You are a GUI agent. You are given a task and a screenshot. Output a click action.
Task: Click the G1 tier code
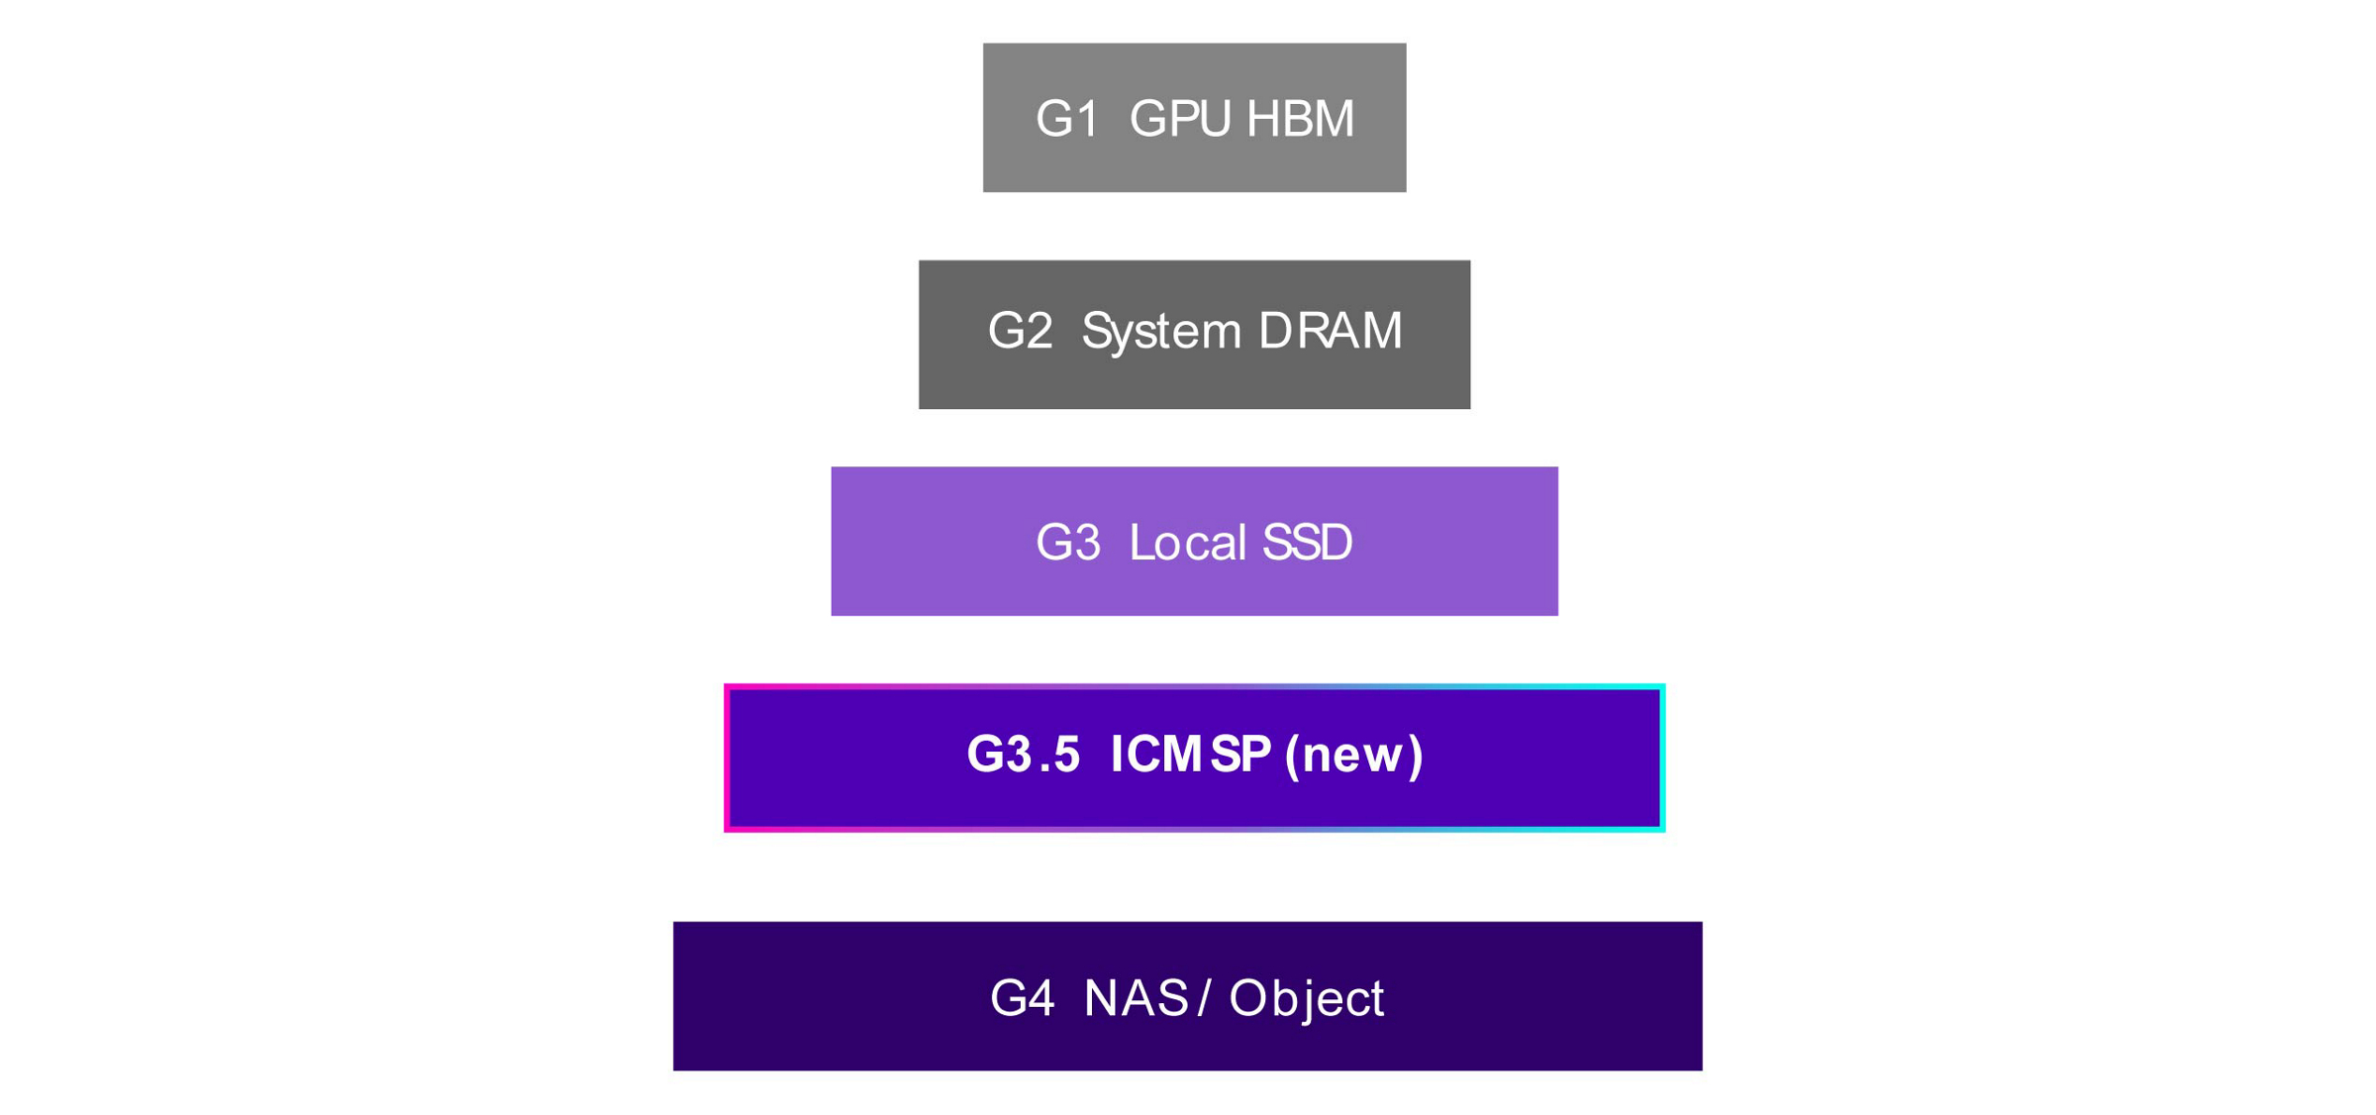click(x=1067, y=119)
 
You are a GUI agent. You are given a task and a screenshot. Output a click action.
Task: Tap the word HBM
click(x=1300, y=119)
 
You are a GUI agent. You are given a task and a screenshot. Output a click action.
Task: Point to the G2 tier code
click(x=1020, y=331)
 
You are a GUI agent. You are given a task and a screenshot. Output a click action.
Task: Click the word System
click(x=1161, y=331)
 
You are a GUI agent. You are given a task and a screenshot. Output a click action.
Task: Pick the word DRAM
click(x=1330, y=331)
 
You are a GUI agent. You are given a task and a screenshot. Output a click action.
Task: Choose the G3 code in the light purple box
click(x=1067, y=543)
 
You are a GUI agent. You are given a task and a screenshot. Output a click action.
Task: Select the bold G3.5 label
click(x=1023, y=755)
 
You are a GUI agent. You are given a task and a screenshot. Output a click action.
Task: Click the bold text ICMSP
click(x=1191, y=755)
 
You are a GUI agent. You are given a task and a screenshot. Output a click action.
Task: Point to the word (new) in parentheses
click(x=1353, y=755)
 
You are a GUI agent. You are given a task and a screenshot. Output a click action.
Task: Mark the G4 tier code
click(x=1022, y=998)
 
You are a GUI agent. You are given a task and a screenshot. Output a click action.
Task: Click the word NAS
click(x=1136, y=998)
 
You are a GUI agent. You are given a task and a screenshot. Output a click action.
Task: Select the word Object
click(x=1306, y=998)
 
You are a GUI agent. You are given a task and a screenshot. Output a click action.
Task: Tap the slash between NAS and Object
click(x=1204, y=998)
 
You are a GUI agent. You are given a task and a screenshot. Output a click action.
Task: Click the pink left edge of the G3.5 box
click(x=728, y=759)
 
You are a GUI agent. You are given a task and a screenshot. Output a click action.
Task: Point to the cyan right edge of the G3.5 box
click(x=1662, y=759)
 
